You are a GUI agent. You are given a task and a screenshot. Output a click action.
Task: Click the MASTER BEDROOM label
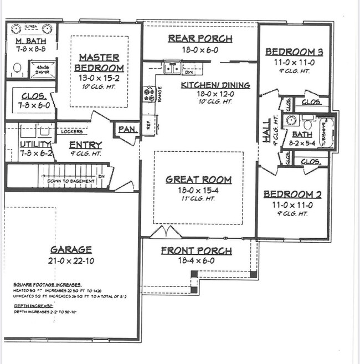100,62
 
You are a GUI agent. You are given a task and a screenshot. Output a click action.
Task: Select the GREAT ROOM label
198,180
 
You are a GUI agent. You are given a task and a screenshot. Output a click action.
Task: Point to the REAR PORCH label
200,39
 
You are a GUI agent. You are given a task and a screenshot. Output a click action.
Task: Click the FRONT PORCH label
197,251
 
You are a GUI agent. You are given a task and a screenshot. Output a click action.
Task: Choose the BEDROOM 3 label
294,52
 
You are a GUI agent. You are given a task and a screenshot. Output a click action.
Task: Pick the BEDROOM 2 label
292,194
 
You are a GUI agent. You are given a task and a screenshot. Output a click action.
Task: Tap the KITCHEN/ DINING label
215,85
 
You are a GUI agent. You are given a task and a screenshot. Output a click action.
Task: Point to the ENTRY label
85,145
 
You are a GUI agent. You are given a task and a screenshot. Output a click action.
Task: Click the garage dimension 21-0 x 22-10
70,260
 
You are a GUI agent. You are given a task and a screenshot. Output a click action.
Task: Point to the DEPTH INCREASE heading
33,305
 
